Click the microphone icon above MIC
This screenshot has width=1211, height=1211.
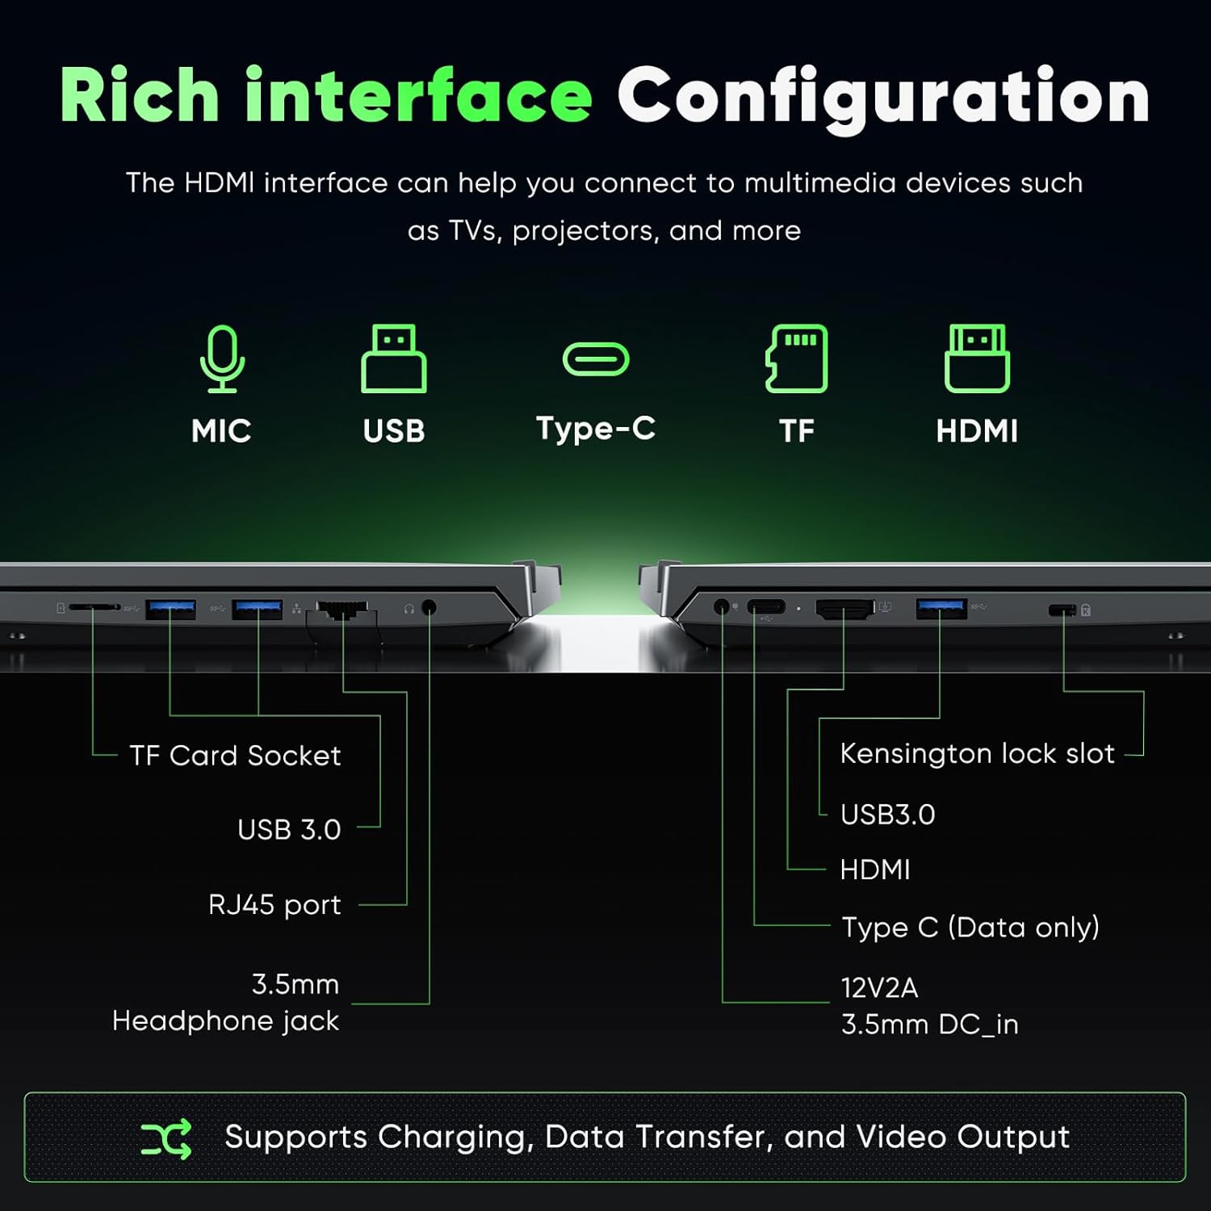click(222, 359)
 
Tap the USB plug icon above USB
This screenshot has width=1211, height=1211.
click(394, 359)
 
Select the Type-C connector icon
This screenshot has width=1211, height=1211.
click(596, 359)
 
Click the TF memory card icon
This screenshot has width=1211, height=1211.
click(796, 359)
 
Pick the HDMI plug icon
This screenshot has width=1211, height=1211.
click(977, 359)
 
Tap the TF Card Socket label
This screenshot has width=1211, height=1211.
click(235, 756)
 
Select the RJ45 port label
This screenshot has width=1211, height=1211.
click(274, 905)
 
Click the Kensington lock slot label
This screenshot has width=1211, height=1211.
click(977, 753)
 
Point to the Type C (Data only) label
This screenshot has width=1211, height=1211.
click(970, 928)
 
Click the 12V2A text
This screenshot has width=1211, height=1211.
click(879, 987)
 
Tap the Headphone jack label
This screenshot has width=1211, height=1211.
click(225, 1021)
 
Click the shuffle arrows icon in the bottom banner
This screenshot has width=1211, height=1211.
click(166, 1138)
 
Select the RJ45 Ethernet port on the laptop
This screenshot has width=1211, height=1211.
click(342, 610)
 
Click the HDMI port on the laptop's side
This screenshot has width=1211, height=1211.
click(844, 609)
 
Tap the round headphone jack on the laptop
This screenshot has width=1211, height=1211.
click(430, 607)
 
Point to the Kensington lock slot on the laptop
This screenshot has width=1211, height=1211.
click(1062, 610)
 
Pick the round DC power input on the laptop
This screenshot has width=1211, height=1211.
click(723, 606)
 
